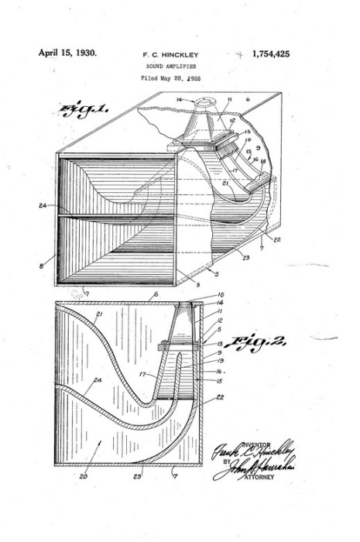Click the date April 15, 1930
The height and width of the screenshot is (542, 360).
tap(67, 53)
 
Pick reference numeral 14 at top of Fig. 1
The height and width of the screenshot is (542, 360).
tap(179, 100)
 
